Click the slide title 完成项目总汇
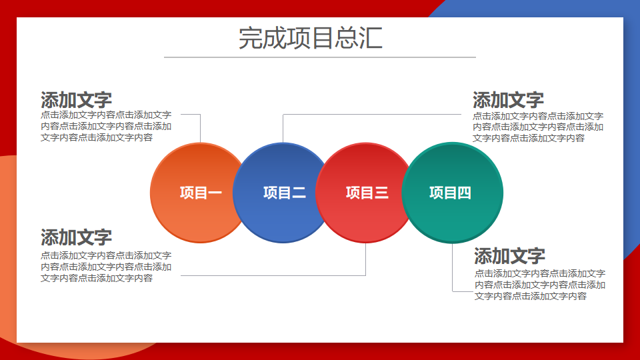coord(311,38)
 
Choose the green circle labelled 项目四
coord(452,193)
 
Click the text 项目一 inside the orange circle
coord(201,193)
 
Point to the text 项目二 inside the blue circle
coord(285,193)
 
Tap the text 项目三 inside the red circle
coord(367,193)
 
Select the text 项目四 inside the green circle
coord(450,193)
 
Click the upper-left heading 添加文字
coord(76,100)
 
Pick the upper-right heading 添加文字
coord(508,100)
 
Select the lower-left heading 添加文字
coord(76,237)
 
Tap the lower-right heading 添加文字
coord(510,256)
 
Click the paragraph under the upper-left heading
coord(106,126)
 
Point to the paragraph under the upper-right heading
coord(538,127)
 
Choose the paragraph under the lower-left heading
coord(106,267)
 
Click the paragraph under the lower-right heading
coord(539,285)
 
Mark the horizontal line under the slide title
coord(320,57)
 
